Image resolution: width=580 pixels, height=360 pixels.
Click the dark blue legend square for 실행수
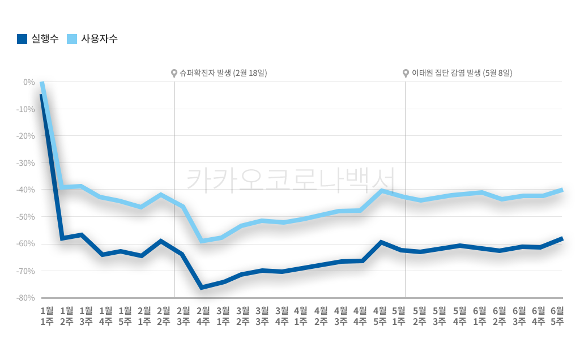22,39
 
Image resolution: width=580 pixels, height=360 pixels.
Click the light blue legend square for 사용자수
72,39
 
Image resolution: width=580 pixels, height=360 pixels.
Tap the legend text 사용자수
100,39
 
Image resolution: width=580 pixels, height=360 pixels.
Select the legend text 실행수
45,39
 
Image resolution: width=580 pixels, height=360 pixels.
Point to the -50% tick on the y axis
25,217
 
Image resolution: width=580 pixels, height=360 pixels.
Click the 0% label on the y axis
29,82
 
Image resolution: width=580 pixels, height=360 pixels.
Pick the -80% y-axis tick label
25,298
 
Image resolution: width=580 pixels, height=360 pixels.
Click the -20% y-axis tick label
25,136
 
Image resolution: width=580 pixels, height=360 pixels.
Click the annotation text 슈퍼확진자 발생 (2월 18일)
223,73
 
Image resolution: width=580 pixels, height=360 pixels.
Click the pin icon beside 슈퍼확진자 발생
174,74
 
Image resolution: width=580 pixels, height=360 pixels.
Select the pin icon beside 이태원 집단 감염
406,74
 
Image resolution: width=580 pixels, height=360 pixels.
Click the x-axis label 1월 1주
47,316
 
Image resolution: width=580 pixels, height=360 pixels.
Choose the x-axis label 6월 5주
557,316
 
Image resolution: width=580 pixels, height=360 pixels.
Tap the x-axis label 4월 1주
301,316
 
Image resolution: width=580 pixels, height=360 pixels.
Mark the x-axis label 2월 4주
203,316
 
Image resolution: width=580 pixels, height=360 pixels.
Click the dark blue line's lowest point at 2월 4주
202,288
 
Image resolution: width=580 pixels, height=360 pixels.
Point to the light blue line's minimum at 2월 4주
202,241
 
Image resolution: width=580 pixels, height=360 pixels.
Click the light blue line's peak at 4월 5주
383,191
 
